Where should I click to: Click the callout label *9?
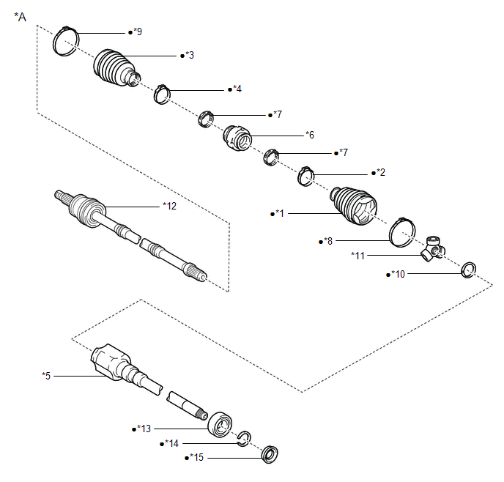tap(136, 32)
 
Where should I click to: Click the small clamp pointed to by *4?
tap(162, 94)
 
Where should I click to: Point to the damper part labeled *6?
tap(237, 138)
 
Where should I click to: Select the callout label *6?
tap(310, 135)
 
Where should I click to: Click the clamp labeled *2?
tap(305, 176)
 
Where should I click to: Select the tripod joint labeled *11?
tap(433, 249)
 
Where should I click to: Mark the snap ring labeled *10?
tap(469, 271)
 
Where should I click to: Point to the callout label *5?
tap(47, 376)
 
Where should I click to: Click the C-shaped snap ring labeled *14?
tap(245, 438)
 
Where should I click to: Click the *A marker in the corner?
tap(20, 16)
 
